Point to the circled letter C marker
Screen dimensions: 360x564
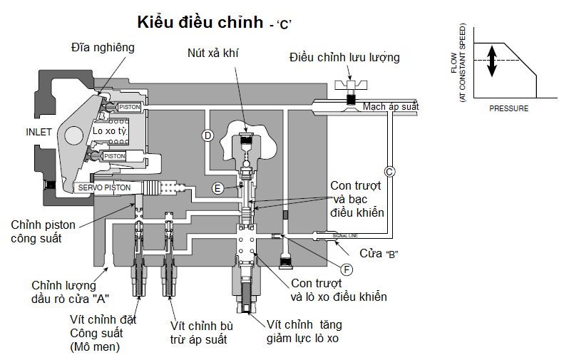pyautogui.click(x=389, y=171)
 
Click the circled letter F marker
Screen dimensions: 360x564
pyautogui.click(x=347, y=269)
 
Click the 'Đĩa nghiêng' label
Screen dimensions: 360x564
pyautogui.click(x=103, y=47)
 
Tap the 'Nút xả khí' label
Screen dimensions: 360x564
pyautogui.click(x=214, y=53)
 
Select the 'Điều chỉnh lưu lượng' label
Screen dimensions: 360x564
pyautogui.click(x=344, y=57)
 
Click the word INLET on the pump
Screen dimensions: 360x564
pyautogui.click(x=39, y=132)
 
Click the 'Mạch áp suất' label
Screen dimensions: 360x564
pyautogui.click(x=391, y=107)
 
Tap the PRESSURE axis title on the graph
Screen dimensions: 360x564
pyautogui.click(x=509, y=108)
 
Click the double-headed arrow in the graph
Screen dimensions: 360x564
pyautogui.click(x=491, y=61)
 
